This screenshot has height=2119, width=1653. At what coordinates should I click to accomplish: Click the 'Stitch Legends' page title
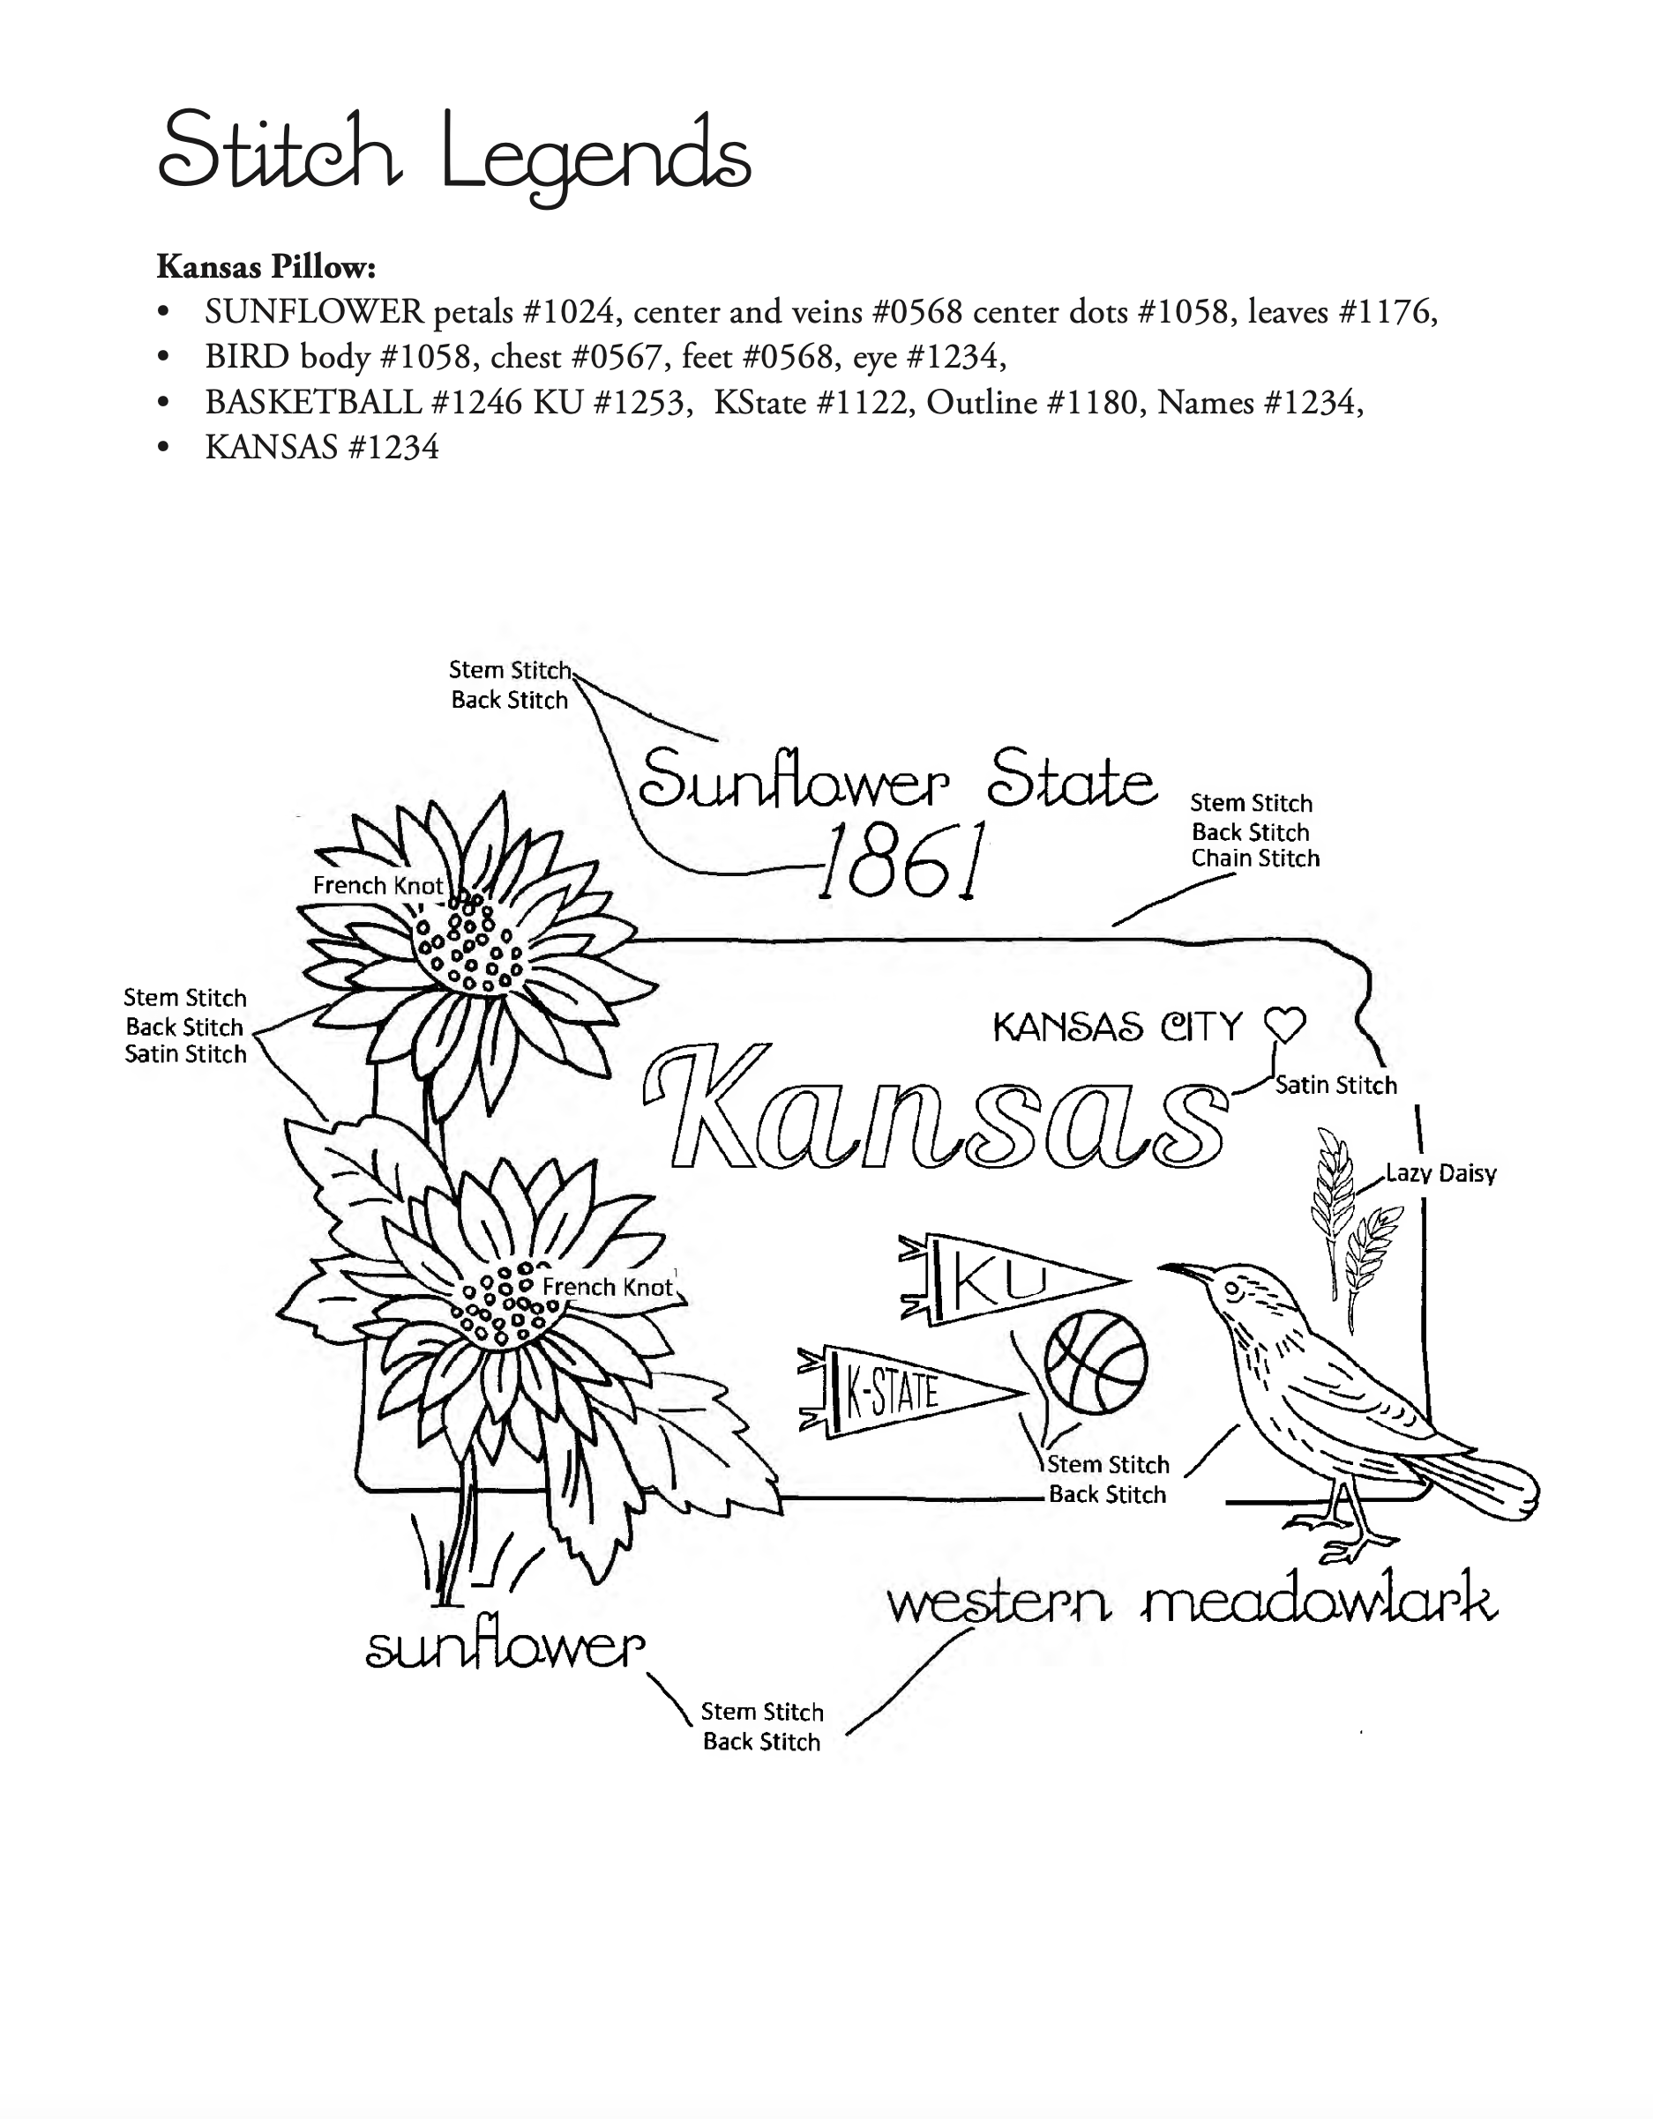point(453,155)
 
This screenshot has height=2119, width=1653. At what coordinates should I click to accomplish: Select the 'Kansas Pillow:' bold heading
point(266,266)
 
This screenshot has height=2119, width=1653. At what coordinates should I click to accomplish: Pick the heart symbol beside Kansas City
point(1285,1024)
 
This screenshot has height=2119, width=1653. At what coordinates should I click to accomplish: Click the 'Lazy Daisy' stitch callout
point(1440,1174)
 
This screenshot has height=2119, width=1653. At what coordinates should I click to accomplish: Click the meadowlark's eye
point(1231,1290)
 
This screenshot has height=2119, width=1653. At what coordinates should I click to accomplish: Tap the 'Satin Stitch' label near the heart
point(1335,1085)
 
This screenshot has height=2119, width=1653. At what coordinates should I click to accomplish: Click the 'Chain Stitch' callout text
point(1255,859)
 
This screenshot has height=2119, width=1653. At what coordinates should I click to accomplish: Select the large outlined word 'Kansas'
point(936,1106)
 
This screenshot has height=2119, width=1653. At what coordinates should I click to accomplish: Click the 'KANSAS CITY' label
point(1118,1027)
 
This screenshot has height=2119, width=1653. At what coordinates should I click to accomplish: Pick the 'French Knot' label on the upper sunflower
point(378,885)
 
